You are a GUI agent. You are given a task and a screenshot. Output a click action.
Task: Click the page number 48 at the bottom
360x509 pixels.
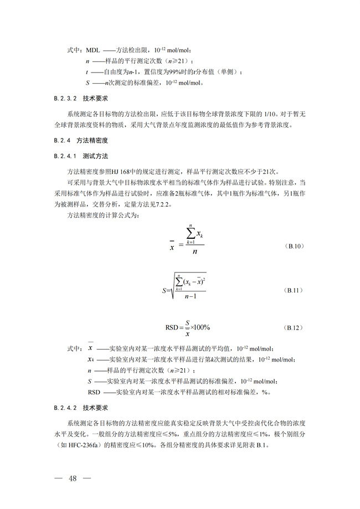click(x=71, y=478)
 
